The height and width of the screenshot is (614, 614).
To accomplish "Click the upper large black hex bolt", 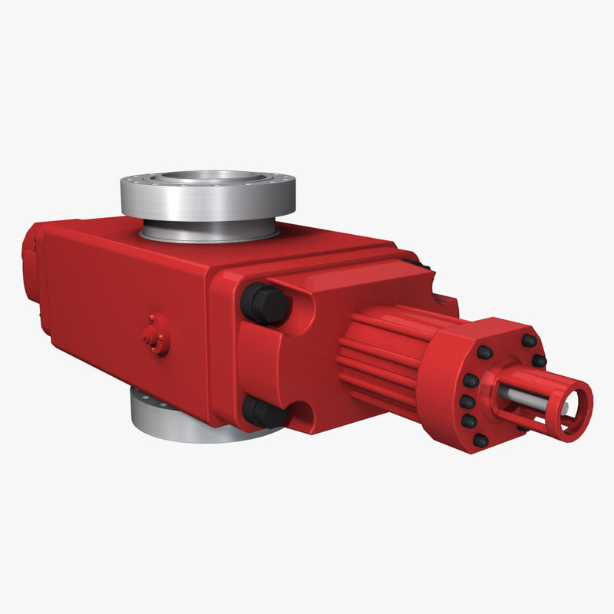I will point(265,303).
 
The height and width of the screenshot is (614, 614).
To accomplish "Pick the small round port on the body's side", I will point(157,335).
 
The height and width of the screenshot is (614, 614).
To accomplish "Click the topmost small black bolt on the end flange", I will point(529,339).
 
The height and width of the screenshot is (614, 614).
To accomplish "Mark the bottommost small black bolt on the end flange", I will point(480,441).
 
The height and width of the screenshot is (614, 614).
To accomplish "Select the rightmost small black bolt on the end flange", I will point(540,360).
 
